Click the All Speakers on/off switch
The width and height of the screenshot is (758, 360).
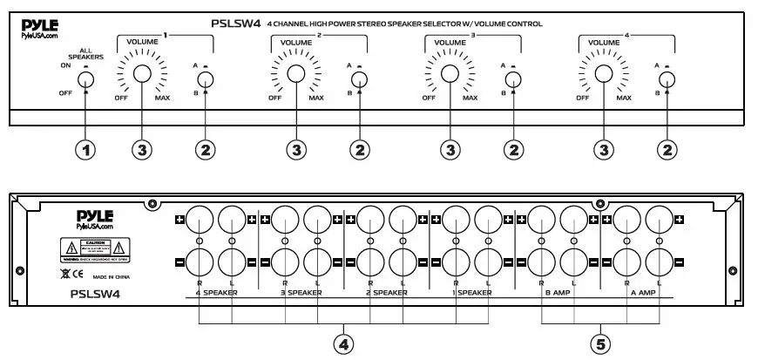pos(85,81)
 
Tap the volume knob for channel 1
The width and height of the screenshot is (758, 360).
pos(143,75)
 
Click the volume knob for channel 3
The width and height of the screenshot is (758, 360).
pos(450,75)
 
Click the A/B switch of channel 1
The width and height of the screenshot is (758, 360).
pos(206,79)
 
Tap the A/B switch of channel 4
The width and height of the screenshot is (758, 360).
pos(667,79)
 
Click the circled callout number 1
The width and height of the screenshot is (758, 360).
pos(85,150)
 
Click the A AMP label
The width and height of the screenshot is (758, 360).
pos(642,295)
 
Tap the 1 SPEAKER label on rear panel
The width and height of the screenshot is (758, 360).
pos(471,295)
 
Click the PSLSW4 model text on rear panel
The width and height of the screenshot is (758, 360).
pos(93,295)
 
